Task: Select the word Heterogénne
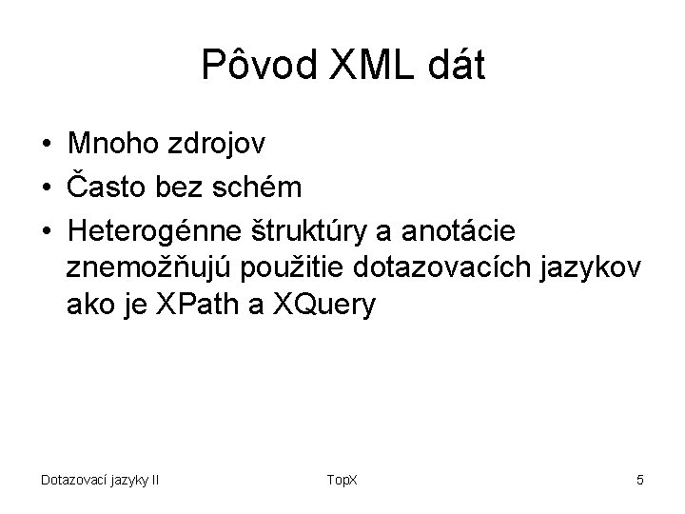pos(165,231)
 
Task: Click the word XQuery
pos(324,306)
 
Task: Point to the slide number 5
pos(639,479)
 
